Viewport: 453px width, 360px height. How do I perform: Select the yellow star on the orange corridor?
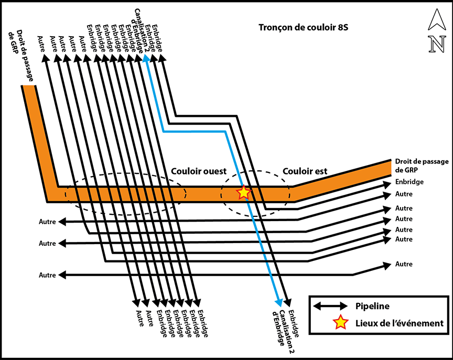[x=243, y=192]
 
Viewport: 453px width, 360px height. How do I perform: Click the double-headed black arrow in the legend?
[x=330, y=306]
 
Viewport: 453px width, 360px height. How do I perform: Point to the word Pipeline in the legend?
[x=372, y=306]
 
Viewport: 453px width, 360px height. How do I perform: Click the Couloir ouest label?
[x=199, y=171]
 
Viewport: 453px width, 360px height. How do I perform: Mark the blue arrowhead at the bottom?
[x=279, y=302]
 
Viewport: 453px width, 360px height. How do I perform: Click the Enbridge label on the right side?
[x=411, y=182]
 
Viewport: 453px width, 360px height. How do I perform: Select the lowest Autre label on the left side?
[x=48, y=275]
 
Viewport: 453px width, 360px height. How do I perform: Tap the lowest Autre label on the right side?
[x=404, y=264]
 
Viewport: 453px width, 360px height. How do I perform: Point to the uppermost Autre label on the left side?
[x=48, y=222]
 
